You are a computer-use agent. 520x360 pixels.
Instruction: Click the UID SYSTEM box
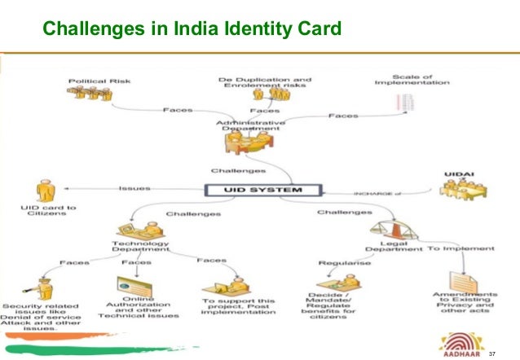click(x=264, y=190)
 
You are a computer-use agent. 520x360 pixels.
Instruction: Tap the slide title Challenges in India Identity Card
click(x=192, y=30)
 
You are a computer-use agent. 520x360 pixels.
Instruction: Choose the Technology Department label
click(x=140, y=246)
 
